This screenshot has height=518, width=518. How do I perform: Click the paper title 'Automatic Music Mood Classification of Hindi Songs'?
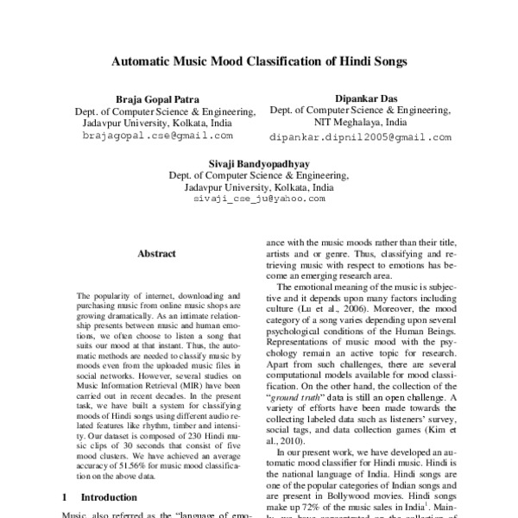[x=258, y=62]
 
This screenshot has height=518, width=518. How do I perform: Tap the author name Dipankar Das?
[x=359, y=98]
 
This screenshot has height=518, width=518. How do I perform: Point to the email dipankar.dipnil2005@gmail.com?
[x=359, y=136]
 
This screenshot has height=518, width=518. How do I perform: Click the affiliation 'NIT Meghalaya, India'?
[x=359, y=123]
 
